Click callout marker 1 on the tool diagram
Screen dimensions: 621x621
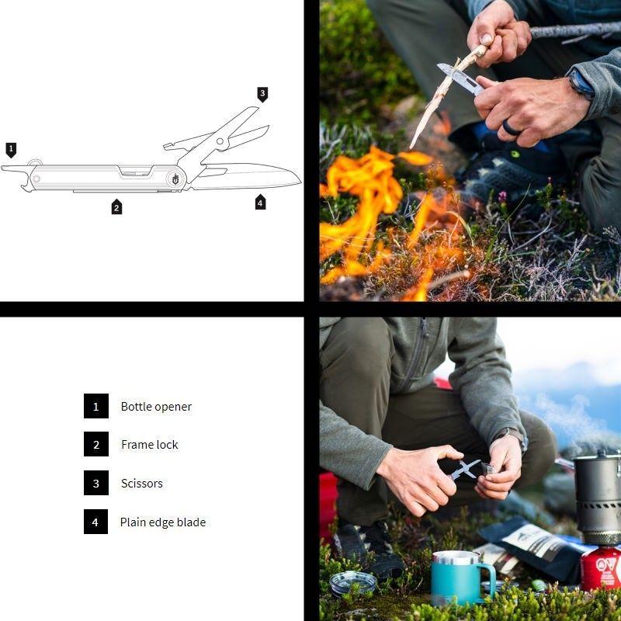click(x=11, y=150)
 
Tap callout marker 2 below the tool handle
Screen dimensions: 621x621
click(x=116, y=206)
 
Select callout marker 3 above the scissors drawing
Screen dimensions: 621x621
click(x=262, y=94)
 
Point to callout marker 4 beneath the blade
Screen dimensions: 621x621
click(x=260, y=203)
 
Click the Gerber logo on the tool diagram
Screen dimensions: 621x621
click(x=175, y=179)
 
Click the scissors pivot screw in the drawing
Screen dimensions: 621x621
click(x=220, y=141)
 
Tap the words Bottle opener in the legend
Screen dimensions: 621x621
click(x=156, y=407)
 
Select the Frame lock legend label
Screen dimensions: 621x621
click(x=150, y=445)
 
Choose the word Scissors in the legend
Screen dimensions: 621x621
click(x=142, y=484)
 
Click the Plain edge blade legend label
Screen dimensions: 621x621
click(x=163, y=522)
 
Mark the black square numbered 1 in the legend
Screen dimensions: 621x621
click(x=95, y=406)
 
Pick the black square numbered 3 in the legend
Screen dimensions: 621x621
click(x=95, y=483)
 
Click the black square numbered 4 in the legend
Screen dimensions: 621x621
click(x=95, y=522)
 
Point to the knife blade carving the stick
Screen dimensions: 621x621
click(x=460, y=77)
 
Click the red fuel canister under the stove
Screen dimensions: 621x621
click(x=601, y=569)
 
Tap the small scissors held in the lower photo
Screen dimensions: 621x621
click(x=464, y=470)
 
